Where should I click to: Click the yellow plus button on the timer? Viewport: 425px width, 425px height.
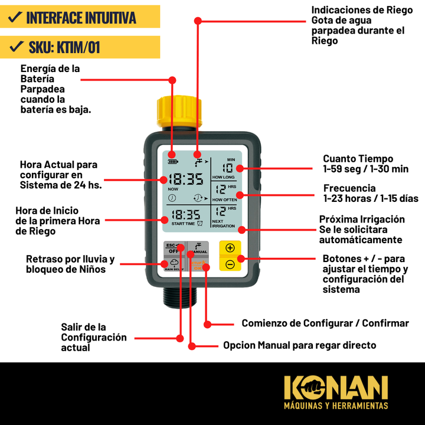pyautogui.click(x=230, y=248)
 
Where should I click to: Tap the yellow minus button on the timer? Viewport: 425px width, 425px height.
pyautogui.click(x=230, y=264)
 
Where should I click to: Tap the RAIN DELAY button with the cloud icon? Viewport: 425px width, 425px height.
pyautogui.click(x=174, y=264)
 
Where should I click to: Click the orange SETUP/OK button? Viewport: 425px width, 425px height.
pyautogui.click(x=198, y=265)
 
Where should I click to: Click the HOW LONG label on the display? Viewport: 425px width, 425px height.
pyautogui.click(x=224, y=177)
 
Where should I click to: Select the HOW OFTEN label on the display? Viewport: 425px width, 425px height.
pyautogui.click(x=224, y=200)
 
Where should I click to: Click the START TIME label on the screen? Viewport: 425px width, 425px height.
pyautogui.click(x=183, y=224)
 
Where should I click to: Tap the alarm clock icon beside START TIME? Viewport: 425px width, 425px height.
pyautogui.click(x=201, y=223)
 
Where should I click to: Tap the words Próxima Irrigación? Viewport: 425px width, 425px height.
pyautogui.click(x=362, y=219)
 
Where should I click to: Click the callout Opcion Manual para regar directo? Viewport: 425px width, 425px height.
pyautogui.click(x=299, y=345)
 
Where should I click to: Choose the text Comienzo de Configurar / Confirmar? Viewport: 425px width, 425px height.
pyautogui.click(x=325, y=323)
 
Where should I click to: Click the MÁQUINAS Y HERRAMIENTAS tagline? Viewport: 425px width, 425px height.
pyautogui.click(x=336, y=406)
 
